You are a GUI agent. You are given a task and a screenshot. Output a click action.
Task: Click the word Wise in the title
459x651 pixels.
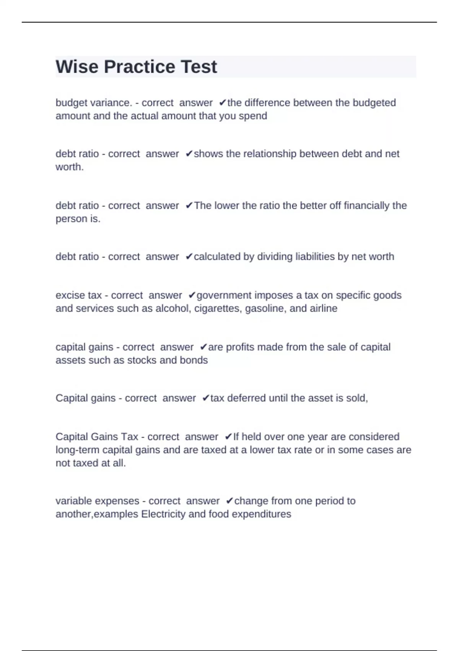76,67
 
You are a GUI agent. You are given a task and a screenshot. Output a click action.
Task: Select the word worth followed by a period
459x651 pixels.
69,167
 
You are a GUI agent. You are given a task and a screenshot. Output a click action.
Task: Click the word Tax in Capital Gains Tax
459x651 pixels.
130,437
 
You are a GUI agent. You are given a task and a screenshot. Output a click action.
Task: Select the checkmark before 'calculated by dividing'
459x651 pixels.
189,257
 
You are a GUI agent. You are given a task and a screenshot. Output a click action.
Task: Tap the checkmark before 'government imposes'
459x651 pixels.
192,295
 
